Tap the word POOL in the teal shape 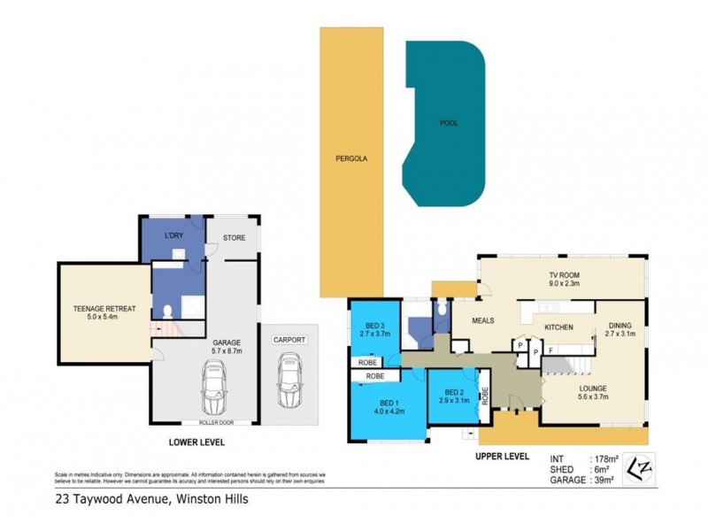click(449, 124)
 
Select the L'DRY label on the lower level click(173, 236)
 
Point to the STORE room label click(234, 236)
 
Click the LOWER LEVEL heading click(197, 441)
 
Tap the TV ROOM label click(563, 274)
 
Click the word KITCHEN click(558, 327)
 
